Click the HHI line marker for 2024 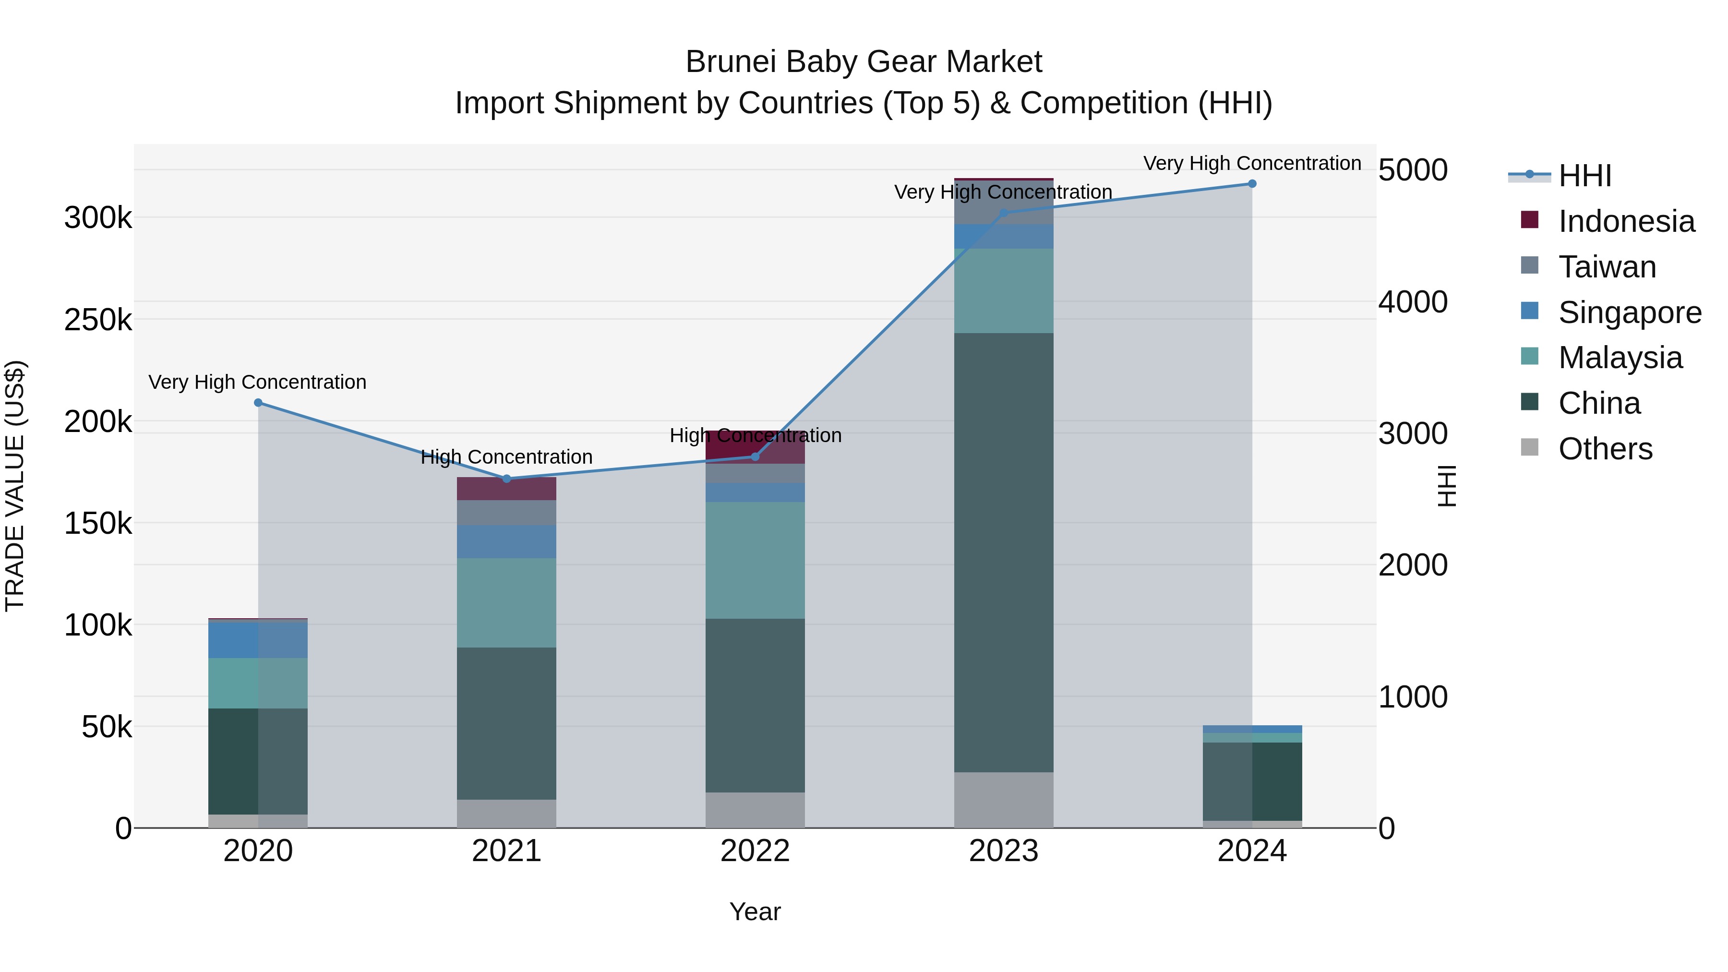tap(1252, 184)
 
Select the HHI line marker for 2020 tap(258, 403)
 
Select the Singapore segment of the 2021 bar tap(506, 541)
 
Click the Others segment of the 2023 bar tap(1004, 800)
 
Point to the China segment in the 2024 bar tap(1252, 781)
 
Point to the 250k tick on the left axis tap(98, 320)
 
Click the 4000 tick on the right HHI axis tap(1413, 302)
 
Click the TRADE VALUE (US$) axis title tap(15, 486)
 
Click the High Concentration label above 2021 tap(506, 457)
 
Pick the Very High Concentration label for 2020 tap(258, 382)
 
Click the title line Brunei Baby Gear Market tap(864, 62)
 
